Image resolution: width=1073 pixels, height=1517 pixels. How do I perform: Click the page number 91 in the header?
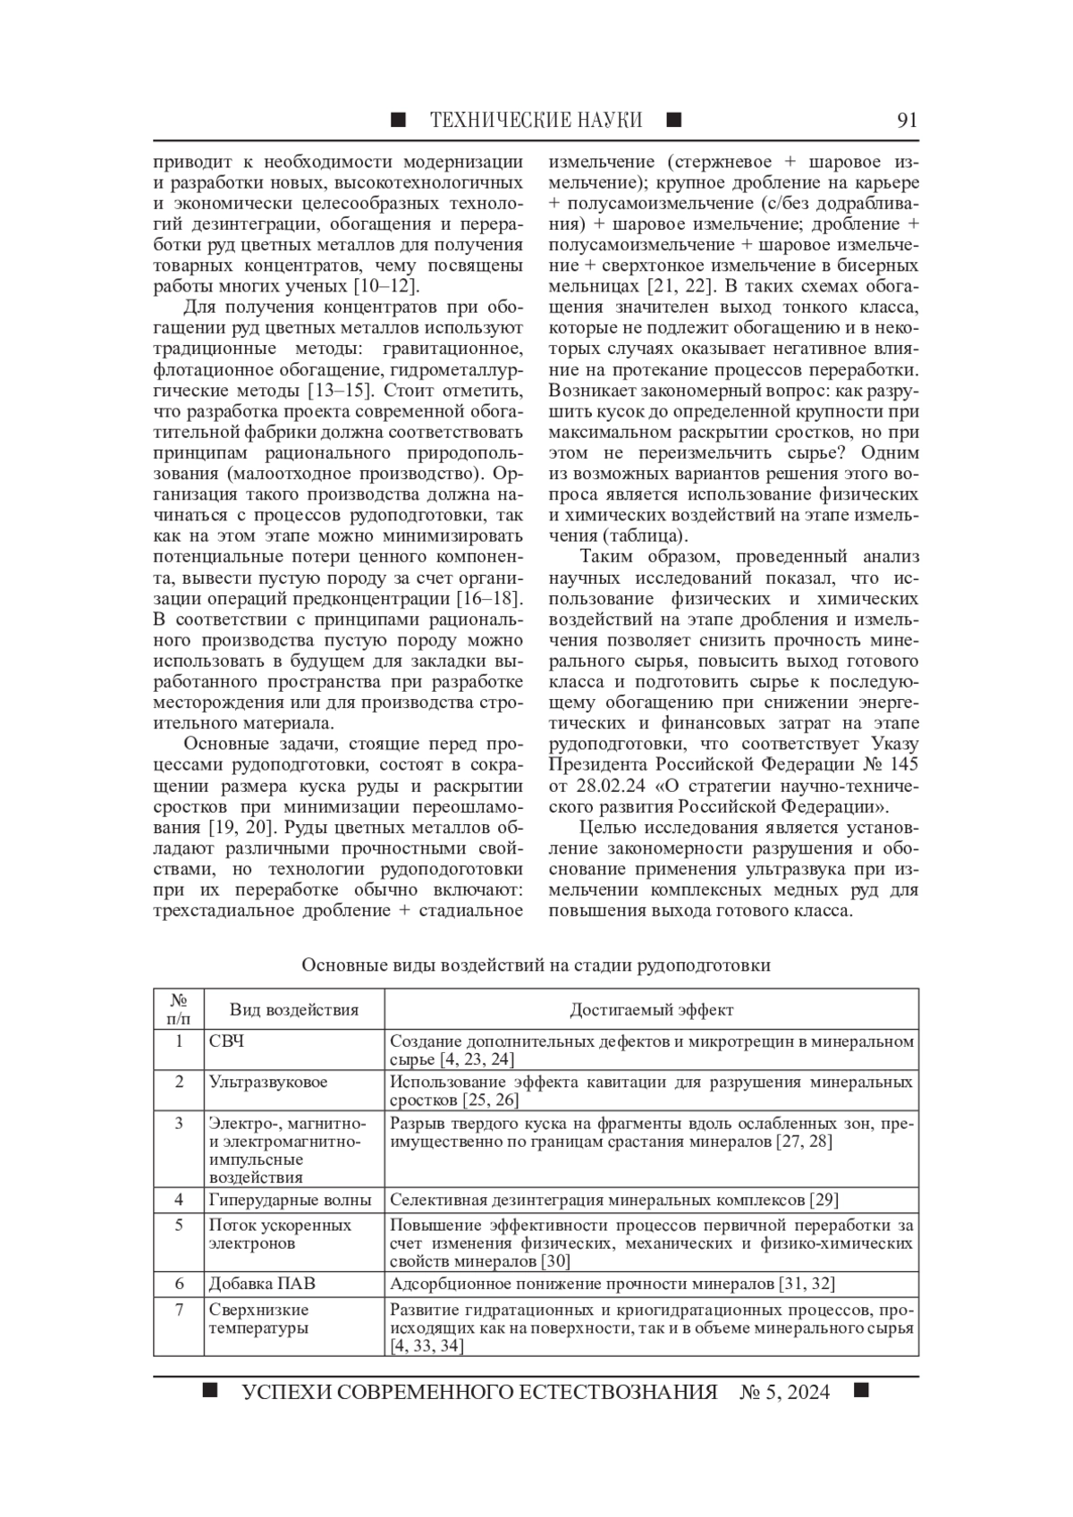pyautogui.click(x=907, y=120)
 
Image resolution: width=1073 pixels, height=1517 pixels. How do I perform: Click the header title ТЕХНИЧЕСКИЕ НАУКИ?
pyautogui.click(x=536, y=120)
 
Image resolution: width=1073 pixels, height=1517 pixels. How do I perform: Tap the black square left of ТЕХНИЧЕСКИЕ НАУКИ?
pyautogui.click(x=399, y=120)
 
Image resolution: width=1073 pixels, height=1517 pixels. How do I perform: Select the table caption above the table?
pyautogui.click(x=536, y=965)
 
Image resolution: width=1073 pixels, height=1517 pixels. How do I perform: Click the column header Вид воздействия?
pyautogui.click(x=293, y=1009)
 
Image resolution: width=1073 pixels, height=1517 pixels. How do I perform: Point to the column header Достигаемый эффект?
pyautogui.click(x=651, y=1009)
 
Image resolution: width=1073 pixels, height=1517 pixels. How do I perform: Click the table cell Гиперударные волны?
pyautogui.click(x=289, y=1200)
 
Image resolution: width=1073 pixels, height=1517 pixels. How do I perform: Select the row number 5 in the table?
pyautogui.click(x=179, y=1225)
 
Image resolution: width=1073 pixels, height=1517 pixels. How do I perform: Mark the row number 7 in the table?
pyautogui.click(x=179, y=1310)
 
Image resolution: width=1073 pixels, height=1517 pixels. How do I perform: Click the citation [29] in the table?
pyautogui.click(x=823, y=1200)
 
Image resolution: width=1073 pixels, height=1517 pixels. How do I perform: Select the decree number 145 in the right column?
pyautogui.click(x=900, y=767)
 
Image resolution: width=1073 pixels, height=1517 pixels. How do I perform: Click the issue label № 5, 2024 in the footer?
pyautogui.click(x=784, y=1392)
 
